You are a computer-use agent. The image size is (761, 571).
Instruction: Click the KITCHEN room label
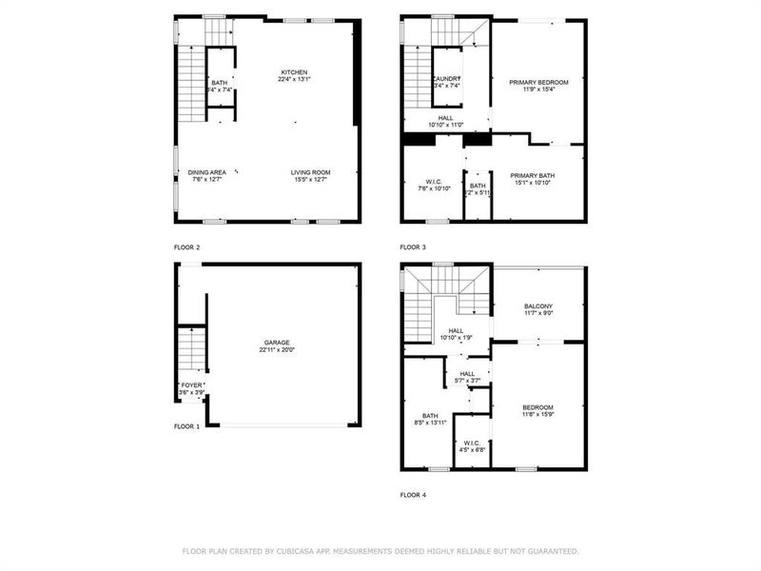click(294, 72)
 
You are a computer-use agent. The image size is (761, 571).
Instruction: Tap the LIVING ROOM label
click(310, 172)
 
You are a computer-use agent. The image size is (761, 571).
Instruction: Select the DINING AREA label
click(206, 172)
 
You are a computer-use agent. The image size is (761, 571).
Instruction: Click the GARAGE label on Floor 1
click(277, 343)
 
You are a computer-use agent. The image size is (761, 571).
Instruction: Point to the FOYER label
click(191, 385)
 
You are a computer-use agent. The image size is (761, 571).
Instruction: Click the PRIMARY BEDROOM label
click(538, 83)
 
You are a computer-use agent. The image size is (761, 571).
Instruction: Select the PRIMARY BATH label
click(533, 175)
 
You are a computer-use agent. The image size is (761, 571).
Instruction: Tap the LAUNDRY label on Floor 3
click(446, 79)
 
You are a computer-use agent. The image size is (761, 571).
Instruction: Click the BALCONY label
click(538, 305)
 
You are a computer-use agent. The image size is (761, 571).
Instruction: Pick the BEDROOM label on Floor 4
click(537, 407)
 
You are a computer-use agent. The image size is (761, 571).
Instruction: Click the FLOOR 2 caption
click(186, 246)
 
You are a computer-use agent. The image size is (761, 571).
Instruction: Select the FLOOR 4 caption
click(413, 495)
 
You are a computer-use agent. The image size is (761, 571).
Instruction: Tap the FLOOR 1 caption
click(186, 426)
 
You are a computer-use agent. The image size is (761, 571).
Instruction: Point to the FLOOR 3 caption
click(413, 246)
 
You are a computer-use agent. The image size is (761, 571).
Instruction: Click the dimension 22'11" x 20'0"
click(277, 350)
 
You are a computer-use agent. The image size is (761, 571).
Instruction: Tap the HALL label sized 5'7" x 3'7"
click(467, 374)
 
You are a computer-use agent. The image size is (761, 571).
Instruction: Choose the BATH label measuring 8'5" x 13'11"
click(432, 415)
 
